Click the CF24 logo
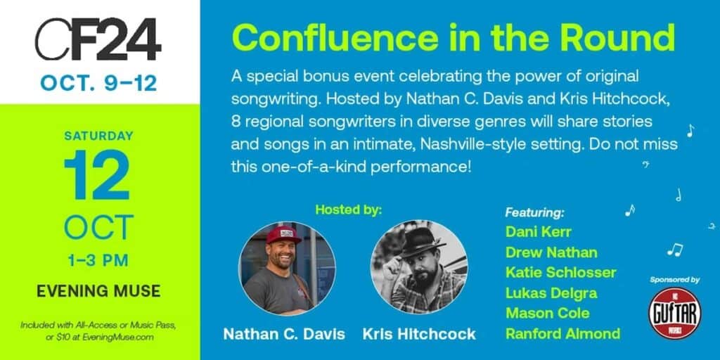[x=98, y=39]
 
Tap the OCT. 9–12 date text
[x=98, y=84]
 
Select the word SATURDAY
[x=98, y=136]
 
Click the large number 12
[x=98, y=174]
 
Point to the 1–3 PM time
[x=98, y=261]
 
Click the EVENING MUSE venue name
[x=98, y=290]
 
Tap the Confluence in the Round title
[x=454, y=38]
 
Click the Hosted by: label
[x=349, y=210]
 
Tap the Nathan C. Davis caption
[x=284, y=334]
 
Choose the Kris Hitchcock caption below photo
[x=419, y=334]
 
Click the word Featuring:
[x=534, y=212]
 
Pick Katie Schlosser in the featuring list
[x=560, y=272]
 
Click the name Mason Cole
[x=547, y=313]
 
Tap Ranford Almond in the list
[x=563, y=333]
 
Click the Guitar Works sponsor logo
[x=674, y=313]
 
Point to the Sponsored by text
[x=674, y=280]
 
